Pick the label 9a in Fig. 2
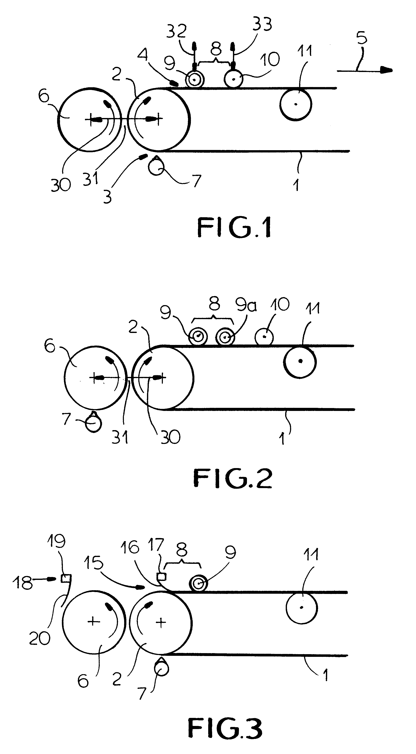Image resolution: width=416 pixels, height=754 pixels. point(246,305)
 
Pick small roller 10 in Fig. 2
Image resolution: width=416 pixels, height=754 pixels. point(264,337)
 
